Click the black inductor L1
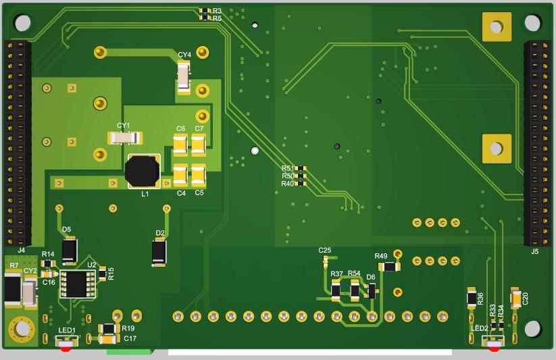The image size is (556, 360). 143,172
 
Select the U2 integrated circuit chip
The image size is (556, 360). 77,284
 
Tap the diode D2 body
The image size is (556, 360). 159,252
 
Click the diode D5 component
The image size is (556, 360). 69,251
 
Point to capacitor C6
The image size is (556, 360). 180,145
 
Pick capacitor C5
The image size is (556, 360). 198,174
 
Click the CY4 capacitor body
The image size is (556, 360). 184,76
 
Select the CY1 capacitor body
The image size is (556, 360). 125,138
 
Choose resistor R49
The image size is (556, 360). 388,267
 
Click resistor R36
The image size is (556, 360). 472,297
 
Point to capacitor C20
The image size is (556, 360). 516,298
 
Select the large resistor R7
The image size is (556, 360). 12,289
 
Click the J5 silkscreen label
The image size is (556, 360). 535,251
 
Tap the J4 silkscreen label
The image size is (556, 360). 21,250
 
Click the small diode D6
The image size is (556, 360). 371,290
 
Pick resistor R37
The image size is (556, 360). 336,290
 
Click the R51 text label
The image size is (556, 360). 288,168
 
